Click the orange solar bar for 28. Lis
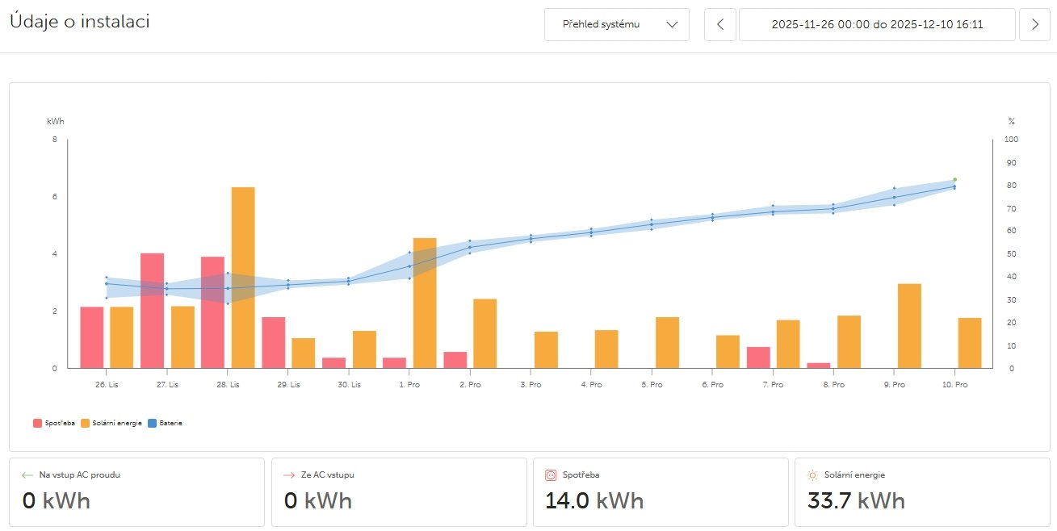(243, 278)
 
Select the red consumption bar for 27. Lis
(152, 311)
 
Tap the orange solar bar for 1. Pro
(425, 303)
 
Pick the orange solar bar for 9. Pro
(909, 326)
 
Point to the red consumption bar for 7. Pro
(758, 357)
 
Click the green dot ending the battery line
(954, 179)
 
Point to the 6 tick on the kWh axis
(54, 197)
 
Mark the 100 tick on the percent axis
(1011, 140)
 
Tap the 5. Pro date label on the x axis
(652, 385)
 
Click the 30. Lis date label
(349, 385)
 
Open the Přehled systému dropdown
(617, 24)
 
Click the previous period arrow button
(720, 24)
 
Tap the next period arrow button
(1035, 24)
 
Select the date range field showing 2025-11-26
(877, 24)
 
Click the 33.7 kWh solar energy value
(856, 500)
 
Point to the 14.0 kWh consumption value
(594, 500)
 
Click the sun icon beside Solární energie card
(813, 475)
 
